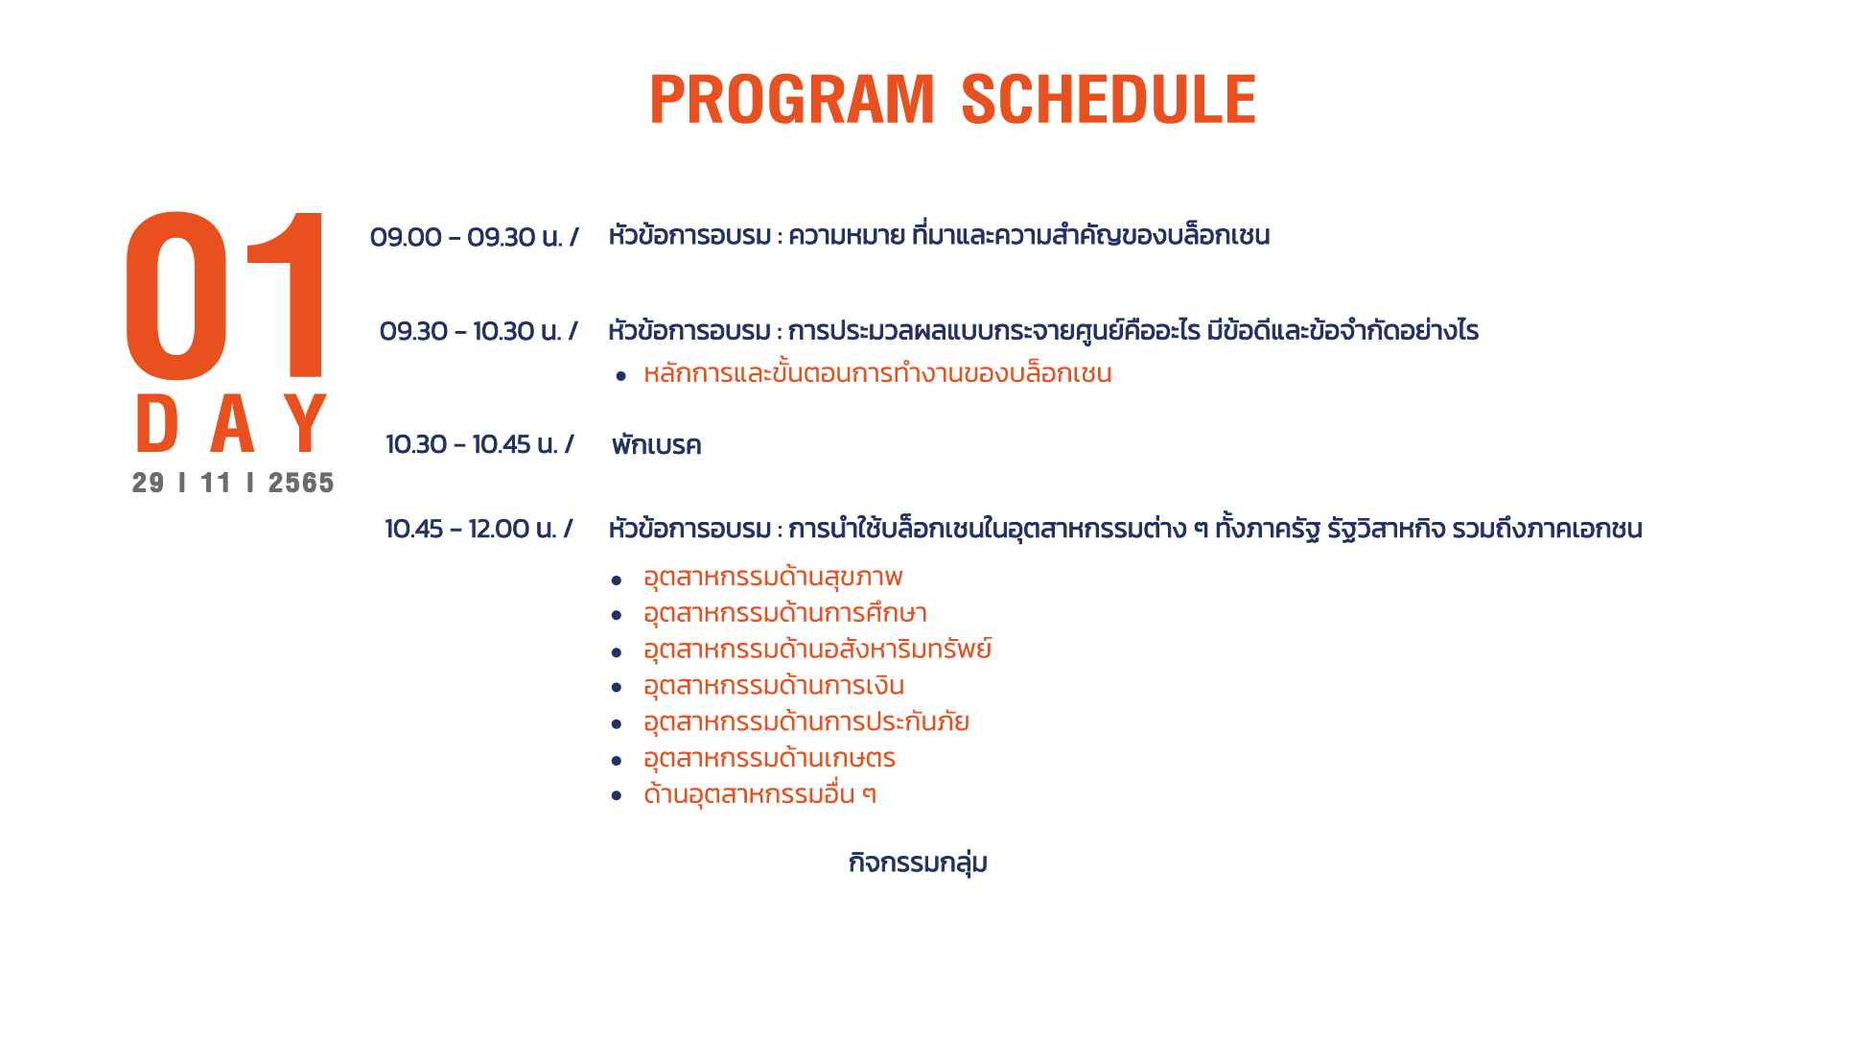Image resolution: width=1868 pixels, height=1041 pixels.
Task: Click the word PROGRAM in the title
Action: tap(792, 99)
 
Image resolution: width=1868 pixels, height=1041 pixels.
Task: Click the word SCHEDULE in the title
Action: tap(1109, 99)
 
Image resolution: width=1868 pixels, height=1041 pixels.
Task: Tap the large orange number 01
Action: tap(226, 295)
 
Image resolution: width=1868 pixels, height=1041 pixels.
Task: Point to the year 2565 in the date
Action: tap(301, 483)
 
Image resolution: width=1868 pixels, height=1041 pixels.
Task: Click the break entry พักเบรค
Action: tap(657, 445)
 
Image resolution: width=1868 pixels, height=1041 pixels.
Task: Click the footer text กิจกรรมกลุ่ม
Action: tap(918, 863)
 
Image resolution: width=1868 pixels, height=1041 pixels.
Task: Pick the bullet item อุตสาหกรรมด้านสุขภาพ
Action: tap(773, 578)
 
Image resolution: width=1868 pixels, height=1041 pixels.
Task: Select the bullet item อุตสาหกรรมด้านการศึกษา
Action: tap(785, 613)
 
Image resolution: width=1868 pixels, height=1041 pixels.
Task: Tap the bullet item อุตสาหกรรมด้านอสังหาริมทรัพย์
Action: tap(818, 650)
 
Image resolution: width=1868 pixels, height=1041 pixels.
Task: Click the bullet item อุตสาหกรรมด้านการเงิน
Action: tap(774, 686)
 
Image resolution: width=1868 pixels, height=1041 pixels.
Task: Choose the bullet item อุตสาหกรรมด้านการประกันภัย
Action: tap(806, 722)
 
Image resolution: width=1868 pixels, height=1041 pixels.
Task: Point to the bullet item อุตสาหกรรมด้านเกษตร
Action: tap(769, 759)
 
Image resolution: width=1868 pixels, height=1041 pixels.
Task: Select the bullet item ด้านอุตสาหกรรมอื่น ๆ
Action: tap(759, 794)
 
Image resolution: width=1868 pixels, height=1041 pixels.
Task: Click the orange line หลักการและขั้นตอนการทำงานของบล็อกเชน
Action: tap(877, 373)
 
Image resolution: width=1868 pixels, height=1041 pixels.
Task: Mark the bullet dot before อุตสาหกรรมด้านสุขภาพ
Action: tap(617, 580)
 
